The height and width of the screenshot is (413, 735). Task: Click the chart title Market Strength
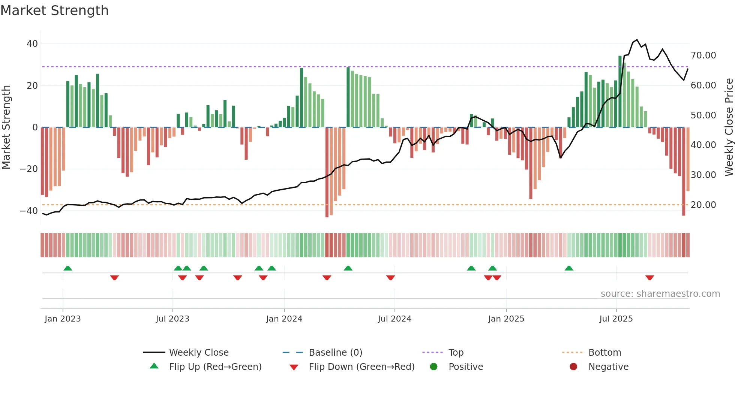tap(54, 10)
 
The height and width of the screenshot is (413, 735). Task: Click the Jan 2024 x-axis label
tap(284, 319)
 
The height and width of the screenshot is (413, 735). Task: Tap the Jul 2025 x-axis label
tap(616, 319)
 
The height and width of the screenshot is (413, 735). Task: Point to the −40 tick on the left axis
tap(29, 211)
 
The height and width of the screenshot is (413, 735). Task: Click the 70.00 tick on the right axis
tap(703, 55)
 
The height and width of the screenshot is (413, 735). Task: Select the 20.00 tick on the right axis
tap(703, 205)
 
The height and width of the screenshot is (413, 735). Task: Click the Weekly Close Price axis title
tap(729, 127)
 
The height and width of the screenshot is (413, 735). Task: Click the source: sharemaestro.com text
tap(660, 293)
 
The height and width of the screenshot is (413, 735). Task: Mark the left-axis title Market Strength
tap(6, 127)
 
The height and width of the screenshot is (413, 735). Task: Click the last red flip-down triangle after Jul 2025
tap(649, 278)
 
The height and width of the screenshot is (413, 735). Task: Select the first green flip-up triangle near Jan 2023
tap(68, 268)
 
